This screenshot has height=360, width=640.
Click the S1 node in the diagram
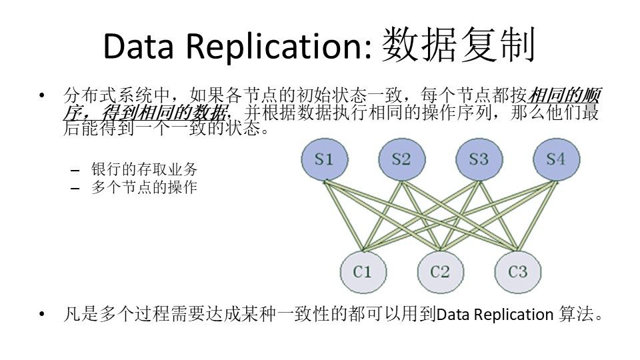point(323,159)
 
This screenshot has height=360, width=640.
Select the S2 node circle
point(401,159)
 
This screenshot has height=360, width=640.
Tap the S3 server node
point(478,159)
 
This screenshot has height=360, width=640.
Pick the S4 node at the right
point(555,159)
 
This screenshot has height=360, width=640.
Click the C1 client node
point(362,271)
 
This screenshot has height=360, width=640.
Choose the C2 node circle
point(440,271)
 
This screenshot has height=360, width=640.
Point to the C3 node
point(517,271)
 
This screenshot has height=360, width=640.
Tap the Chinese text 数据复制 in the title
point(459,45)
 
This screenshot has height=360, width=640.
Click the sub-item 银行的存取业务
point(144,169)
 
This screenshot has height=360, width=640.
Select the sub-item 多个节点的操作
point(144,187)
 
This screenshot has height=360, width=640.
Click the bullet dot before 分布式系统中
point(44,95)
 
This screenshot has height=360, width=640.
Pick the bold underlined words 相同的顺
point(563,95)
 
